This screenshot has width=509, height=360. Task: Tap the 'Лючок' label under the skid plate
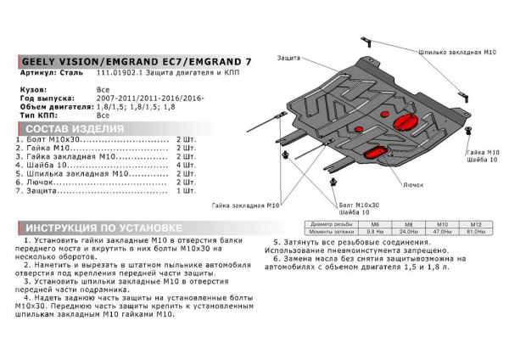tap(413, 183)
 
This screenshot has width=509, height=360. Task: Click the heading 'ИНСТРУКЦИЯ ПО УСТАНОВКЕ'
tap(102, 228)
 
